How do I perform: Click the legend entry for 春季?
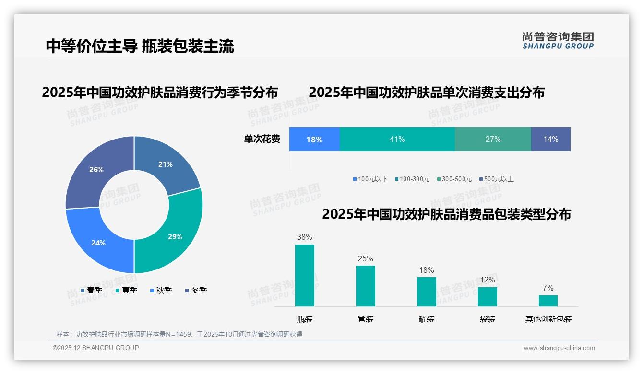91,290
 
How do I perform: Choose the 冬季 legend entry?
196,290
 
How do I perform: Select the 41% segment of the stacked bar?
397,139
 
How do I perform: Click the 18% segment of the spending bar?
314,139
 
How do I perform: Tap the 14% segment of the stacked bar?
550,139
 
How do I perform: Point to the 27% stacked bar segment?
493,139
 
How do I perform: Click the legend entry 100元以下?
370,179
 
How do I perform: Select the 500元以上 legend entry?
496,179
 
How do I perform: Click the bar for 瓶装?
305,275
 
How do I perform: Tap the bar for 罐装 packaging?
426,292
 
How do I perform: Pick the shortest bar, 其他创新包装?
548,301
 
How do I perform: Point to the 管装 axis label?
365,319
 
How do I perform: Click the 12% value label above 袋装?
487,280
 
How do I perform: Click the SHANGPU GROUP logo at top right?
558,41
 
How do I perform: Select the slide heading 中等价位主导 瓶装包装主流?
140,46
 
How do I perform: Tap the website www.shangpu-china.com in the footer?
559,348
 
